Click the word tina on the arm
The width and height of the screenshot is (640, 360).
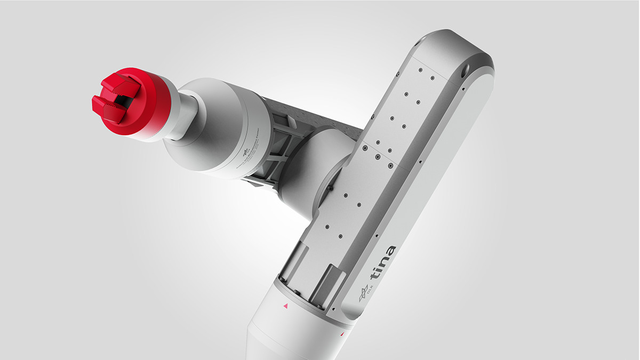383,263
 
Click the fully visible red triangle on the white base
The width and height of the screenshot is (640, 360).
285,306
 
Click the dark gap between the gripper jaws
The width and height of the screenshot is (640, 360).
122,100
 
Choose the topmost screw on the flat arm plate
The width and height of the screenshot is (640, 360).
420,69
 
